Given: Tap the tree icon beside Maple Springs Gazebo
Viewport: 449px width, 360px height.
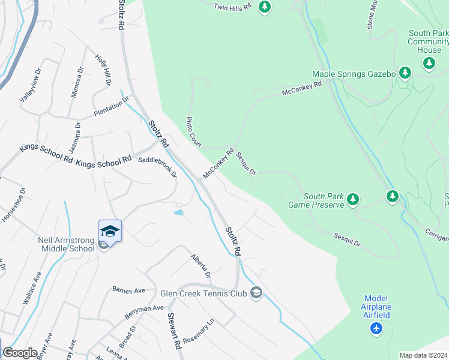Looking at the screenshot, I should (x=405, y=74).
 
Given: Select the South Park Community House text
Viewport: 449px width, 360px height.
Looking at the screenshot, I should (x=428, y=41).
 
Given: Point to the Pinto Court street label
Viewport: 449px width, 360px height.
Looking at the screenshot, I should (x=193, y=131).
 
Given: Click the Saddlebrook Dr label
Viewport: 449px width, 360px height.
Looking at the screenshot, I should (x=158, y=167).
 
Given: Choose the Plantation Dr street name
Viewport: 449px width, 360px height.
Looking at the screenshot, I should (x=111, y=107).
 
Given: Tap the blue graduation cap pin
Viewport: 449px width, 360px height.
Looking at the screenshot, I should (x=110, y=230).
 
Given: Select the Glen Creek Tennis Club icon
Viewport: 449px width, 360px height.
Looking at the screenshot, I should (x=256, y=293).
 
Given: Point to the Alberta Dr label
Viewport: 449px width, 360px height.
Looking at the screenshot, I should (x=201, y=266).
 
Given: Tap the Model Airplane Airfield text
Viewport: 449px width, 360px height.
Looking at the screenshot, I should (x=376, y=307).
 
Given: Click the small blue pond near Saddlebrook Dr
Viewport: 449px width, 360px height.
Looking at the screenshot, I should (x=179, y=212).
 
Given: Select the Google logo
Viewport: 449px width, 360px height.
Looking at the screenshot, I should (x=20, y=353).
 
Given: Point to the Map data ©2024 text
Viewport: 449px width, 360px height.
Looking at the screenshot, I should (x=423, y=355).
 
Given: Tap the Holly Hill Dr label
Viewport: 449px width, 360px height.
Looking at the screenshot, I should (x=103, y=70).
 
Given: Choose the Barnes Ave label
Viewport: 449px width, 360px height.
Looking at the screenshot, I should (x=129, y=290).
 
